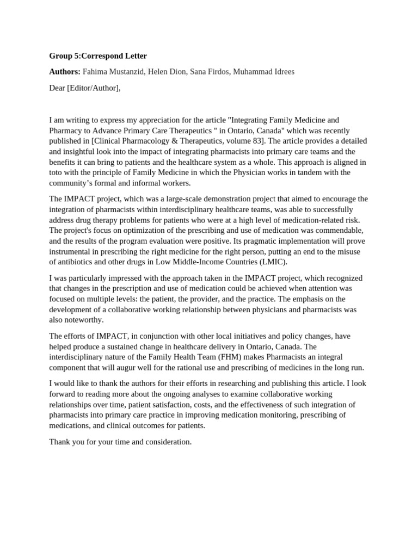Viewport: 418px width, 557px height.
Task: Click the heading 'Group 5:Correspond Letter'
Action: [x=98, y=55]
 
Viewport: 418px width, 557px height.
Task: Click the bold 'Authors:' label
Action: [x=65, y=72]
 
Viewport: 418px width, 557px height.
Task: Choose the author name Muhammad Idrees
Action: [x=263, y=72]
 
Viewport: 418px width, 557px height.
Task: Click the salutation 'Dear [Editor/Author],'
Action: [x=84, y=88]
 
